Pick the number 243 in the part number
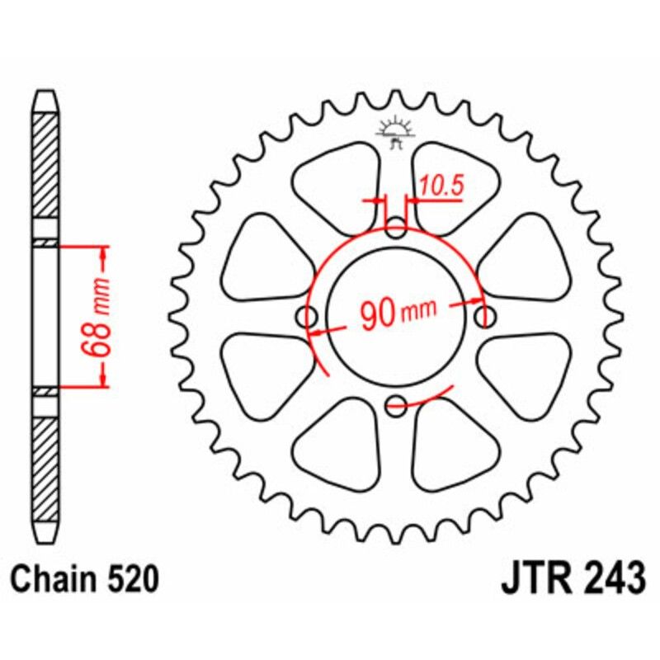[x=614, y=578]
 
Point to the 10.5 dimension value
[x=440, y=187]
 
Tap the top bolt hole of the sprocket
[x=397, y=227]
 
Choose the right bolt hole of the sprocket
[x=486, y=316]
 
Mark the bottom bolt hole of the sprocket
[x=397, y=404]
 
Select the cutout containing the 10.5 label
[x=454, y=186]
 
